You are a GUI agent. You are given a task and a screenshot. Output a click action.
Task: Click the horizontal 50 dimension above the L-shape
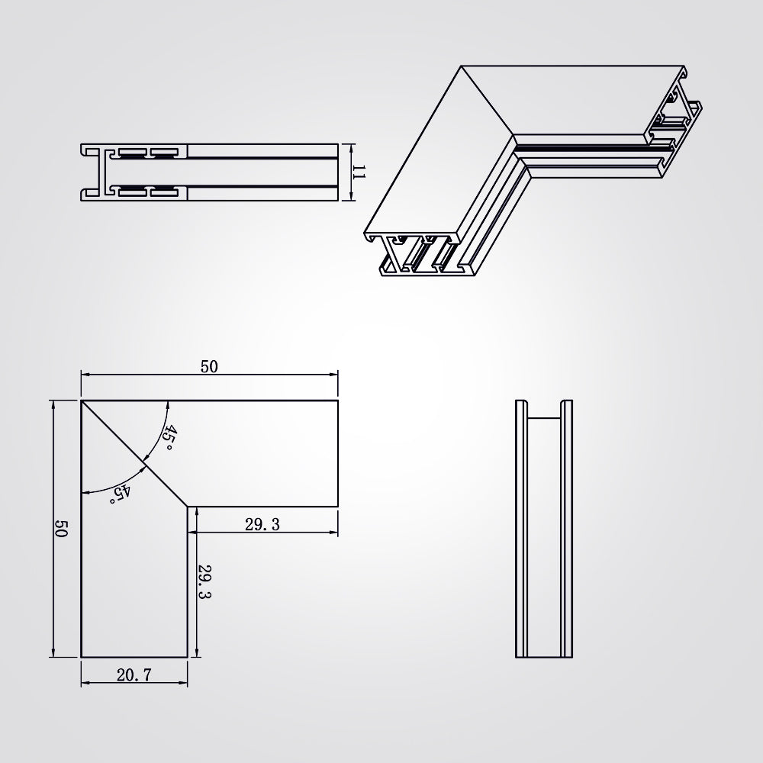pos(209,366)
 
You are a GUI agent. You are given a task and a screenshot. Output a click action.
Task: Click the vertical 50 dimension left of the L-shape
pos(60,529)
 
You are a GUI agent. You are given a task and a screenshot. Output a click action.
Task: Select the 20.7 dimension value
pos(134,675)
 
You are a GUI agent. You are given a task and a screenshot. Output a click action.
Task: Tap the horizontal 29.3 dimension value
pos(262,524)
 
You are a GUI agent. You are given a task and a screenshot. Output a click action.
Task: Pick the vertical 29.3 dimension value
pos(204,581)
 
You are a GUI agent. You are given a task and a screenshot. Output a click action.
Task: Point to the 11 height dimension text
pos(358,172)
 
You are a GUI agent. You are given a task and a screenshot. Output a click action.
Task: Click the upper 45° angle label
pos(169,437)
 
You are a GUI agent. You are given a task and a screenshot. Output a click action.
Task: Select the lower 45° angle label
pos(121,494)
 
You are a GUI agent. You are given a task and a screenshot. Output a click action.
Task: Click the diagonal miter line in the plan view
pos(134,453)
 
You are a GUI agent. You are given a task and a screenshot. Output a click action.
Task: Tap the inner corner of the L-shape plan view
pos(188,507)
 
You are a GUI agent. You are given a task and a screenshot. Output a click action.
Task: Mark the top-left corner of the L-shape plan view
pos(81,401)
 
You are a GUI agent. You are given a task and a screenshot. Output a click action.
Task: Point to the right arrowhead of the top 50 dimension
pos(334,374)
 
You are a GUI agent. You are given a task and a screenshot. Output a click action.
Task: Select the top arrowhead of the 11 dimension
pos(351,148)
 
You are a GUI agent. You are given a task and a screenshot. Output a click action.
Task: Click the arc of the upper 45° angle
pos(161,433)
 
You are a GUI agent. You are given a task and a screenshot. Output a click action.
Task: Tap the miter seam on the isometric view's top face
pos(488,100)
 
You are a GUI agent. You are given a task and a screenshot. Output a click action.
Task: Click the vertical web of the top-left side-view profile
pos(103,172)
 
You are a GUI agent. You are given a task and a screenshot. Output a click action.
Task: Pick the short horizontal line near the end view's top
pos(544,417)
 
